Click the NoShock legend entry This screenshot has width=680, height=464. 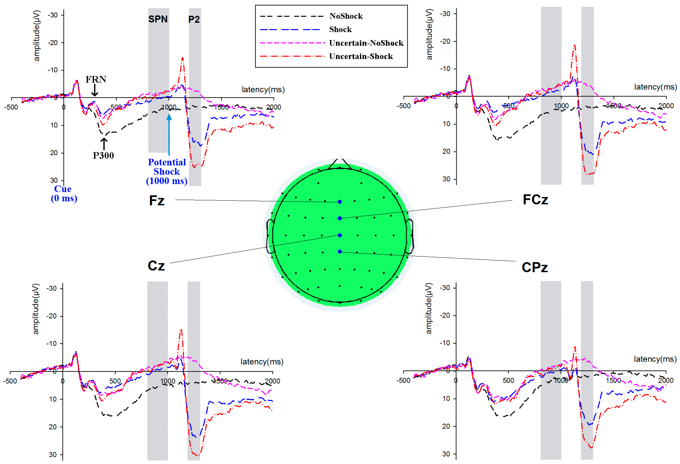(346, 16)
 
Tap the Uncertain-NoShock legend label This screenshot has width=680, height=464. (366, 43)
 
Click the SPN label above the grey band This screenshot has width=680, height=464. (158, 19)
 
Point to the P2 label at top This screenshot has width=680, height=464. (194, 20)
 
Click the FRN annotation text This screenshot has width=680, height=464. (96, 79)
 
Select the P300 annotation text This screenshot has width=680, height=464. (103, 155)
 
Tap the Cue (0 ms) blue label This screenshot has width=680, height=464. (64, 194)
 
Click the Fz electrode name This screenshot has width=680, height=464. (157, 201)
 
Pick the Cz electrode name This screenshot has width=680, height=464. (156, 266)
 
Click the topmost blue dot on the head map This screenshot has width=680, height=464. (340, 202)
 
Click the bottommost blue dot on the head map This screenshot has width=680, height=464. (340, 252)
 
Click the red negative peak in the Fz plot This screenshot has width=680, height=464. (183, 58)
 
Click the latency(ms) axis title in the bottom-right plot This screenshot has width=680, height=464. (655, 359)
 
